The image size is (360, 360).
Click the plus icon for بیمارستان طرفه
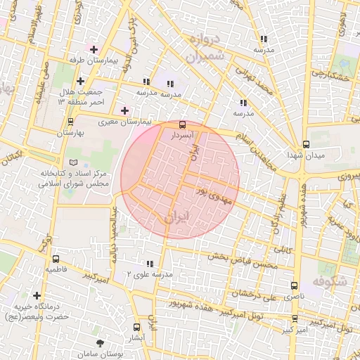click(93, 49)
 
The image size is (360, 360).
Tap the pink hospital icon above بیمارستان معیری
click(125, 110)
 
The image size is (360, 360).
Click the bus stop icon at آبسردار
click(184, 124)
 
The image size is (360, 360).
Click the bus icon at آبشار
click(136, 327)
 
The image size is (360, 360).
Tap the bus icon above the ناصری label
click(294, 285)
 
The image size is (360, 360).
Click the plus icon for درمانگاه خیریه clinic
click(37, 296)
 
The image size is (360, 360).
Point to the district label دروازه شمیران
click(207, 46)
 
